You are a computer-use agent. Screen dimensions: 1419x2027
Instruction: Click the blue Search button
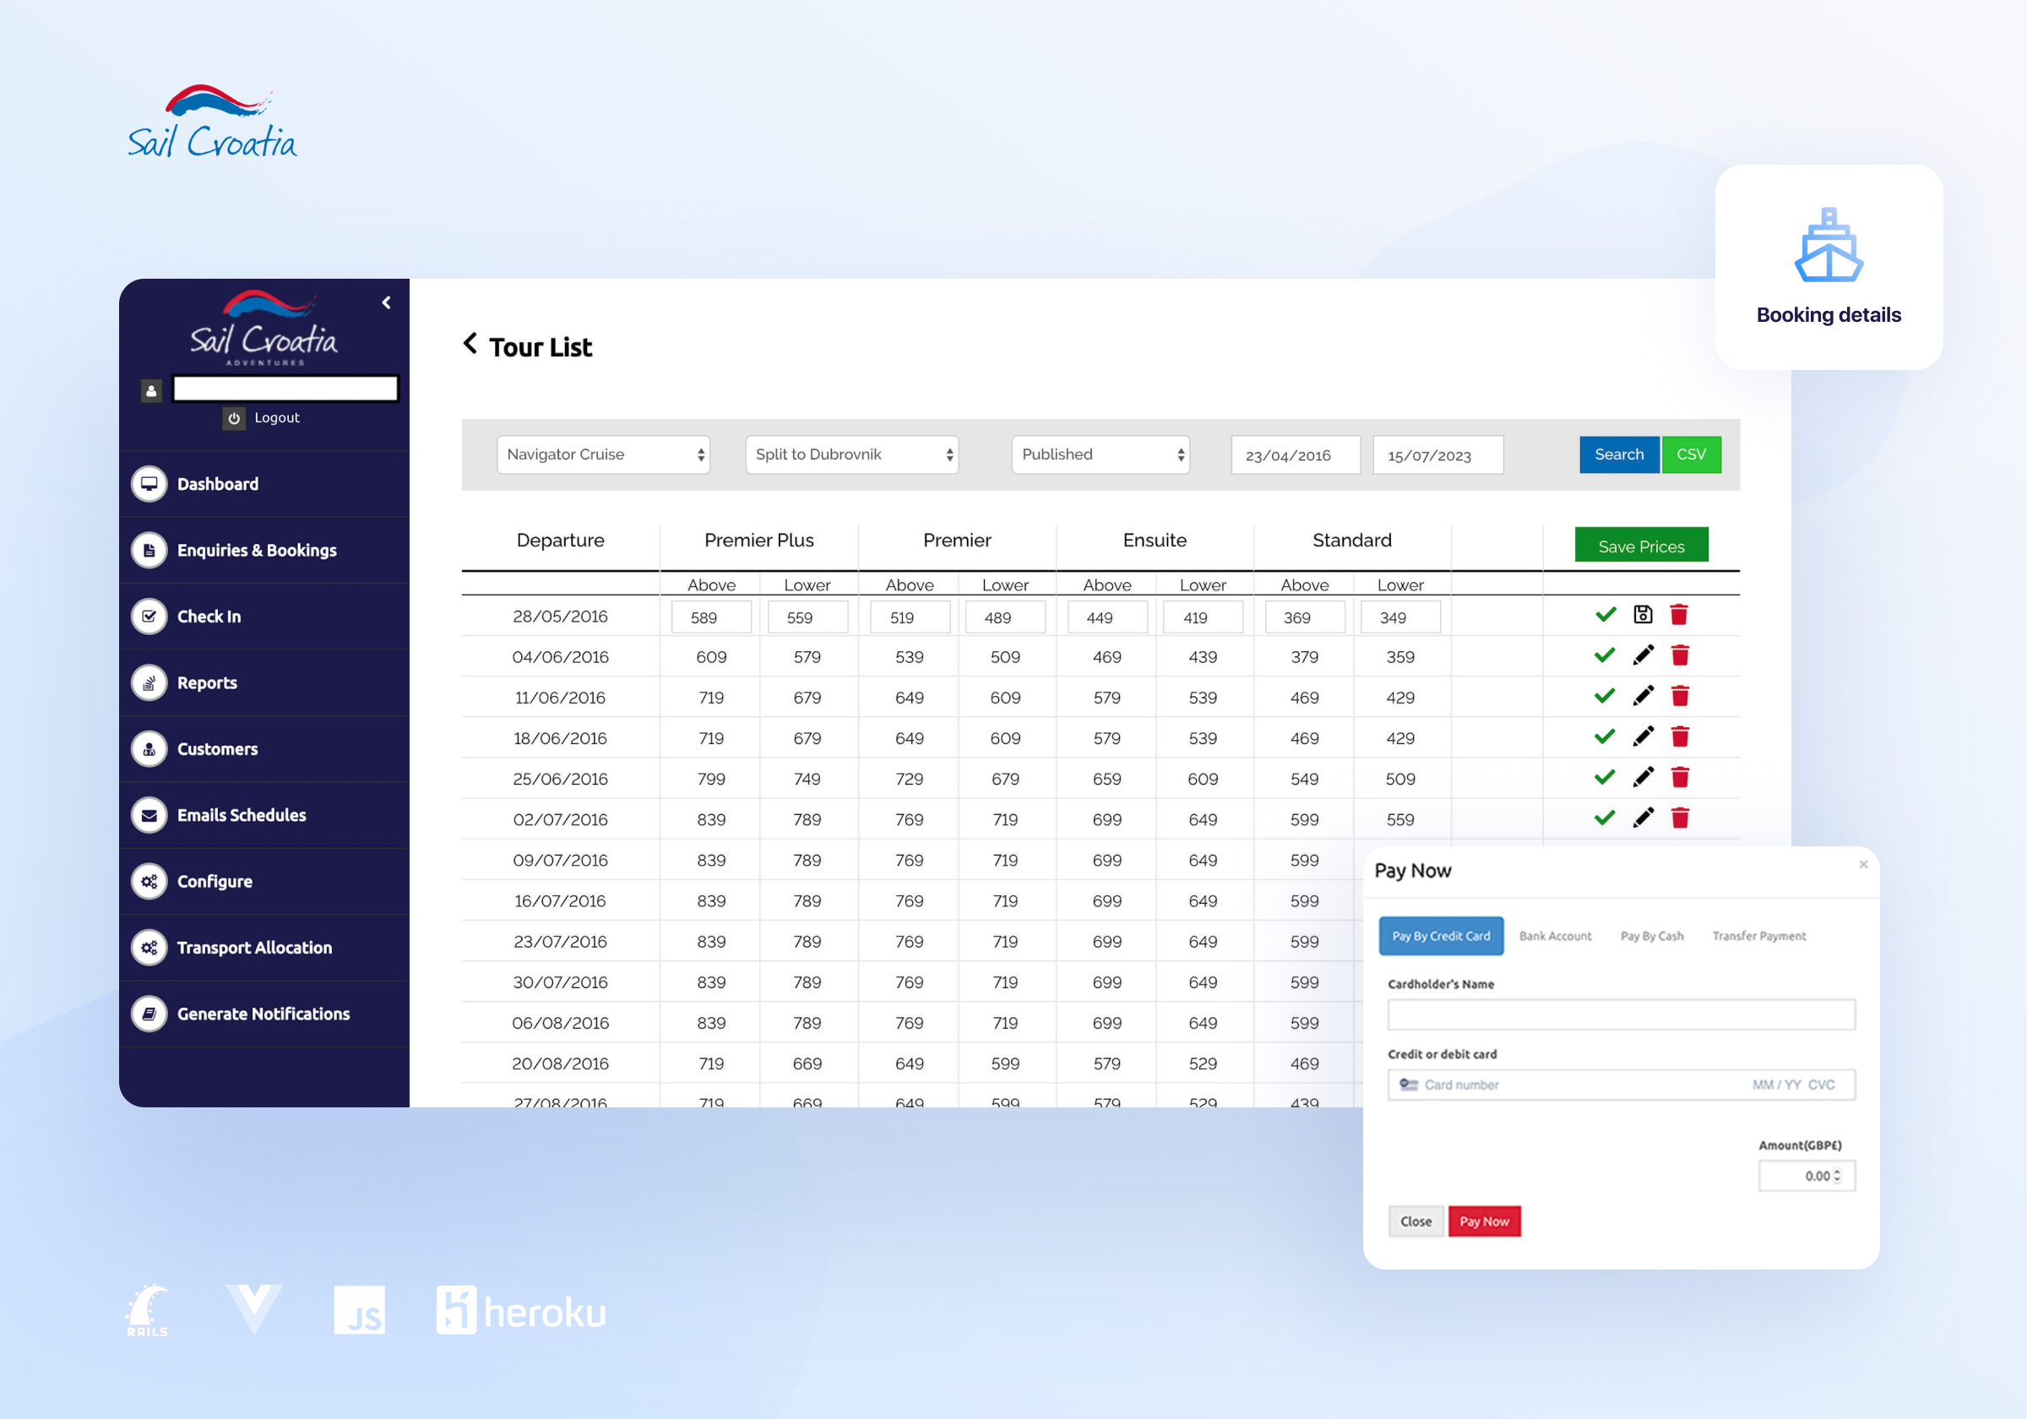point(1618,454)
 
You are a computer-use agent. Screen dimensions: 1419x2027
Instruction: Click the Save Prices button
point(1640,546)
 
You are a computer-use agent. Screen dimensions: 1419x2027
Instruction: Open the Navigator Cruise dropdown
point(603,454)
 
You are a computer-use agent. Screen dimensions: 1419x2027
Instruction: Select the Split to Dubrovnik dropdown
point(851,454)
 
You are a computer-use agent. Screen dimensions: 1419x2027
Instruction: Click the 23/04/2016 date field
point(1294,455)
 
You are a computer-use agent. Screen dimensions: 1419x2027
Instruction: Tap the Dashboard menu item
point(217,484)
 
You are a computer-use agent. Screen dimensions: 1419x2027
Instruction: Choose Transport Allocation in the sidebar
point(254,948)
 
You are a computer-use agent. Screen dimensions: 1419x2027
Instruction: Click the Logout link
point(276,417)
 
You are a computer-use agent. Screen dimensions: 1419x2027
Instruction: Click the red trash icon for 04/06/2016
point(1679,655)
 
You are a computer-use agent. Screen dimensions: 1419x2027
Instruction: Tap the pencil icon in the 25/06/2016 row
point(1642,778)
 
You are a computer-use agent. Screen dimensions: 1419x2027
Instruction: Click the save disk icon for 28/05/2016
point(1642,615)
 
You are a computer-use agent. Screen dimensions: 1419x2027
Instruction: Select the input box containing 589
point(710,617)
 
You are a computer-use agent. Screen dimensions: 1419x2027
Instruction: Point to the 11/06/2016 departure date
point(560,698)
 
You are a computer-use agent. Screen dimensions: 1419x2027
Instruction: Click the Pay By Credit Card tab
point(1440,936)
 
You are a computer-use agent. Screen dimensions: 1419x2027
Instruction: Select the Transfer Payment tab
point(1758,936)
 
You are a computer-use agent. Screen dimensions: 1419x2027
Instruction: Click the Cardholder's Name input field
point(1620,1014)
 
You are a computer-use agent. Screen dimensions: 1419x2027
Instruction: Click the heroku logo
point(521,1310)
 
